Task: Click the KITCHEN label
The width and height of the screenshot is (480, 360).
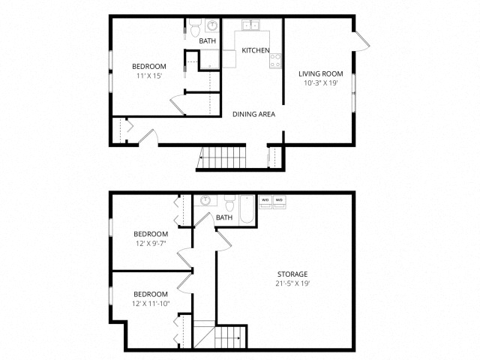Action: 256,50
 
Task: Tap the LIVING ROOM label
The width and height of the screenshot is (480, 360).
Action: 320,73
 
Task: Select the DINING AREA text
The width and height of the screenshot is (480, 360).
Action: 253,114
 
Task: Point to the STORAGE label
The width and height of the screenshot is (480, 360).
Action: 292,274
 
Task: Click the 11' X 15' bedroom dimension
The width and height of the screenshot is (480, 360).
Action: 149,76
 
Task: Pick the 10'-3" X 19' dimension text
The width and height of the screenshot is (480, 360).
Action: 320,82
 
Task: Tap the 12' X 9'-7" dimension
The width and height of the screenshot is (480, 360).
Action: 151,244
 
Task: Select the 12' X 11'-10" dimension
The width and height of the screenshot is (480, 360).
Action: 151,304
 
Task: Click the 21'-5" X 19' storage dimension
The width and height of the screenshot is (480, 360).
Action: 292,283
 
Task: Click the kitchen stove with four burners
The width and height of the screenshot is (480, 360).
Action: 275,60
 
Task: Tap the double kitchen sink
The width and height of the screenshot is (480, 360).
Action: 250,25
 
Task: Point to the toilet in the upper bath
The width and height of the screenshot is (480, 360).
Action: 195,28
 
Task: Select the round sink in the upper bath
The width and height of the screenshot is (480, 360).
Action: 211,25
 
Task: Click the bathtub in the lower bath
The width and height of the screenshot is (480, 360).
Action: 247,209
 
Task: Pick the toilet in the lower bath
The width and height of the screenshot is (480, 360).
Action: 229,203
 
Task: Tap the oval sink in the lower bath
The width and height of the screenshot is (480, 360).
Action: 205,200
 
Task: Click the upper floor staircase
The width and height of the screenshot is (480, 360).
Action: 221,157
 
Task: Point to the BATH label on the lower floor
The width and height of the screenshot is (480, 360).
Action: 224,217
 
